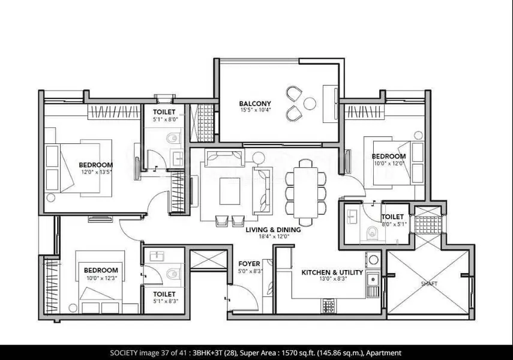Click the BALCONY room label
point(255,104)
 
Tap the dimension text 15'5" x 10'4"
point(256,110)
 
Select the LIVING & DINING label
point(273,230)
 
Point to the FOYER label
point(250,264)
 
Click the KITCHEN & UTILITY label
point(332,272)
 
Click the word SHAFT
point(429,284)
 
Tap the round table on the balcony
point(310,104)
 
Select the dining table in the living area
point(305,193)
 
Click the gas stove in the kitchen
point(328,305)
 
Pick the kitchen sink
point(373,280)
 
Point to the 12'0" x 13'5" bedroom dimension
point(97,172)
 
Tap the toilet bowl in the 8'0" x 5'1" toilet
point(371,233)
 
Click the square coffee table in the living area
point(230,191)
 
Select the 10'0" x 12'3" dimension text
point(102,278)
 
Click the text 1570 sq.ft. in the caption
point(293,353)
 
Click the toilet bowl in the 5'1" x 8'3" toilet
point(173,273)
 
